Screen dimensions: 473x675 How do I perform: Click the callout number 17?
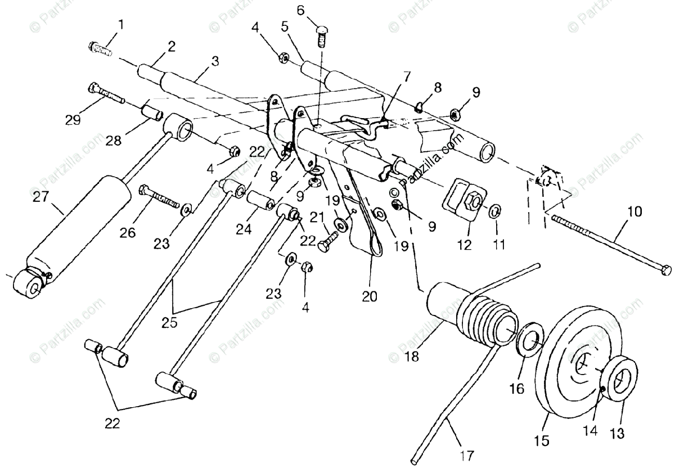[467, 454]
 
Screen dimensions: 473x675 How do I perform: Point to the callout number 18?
[400, 357]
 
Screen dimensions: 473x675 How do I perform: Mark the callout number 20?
[370, 295]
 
